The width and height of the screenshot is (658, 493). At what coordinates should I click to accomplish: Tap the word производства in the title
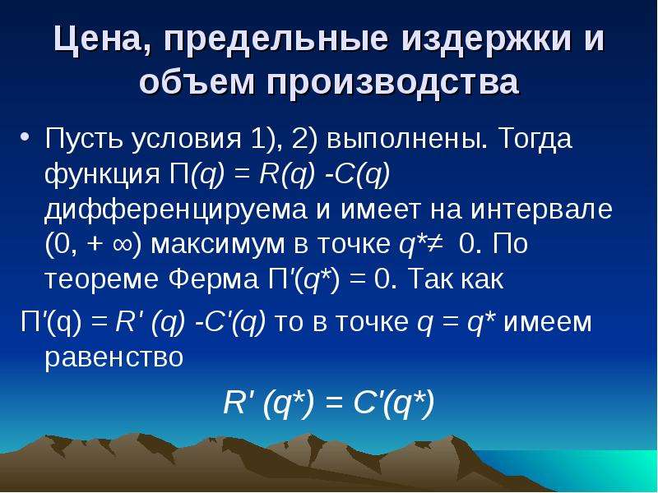pos(392,82)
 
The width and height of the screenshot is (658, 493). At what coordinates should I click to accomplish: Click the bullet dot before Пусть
pos(25,137)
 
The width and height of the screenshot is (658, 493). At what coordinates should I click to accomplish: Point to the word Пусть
pos(86,138)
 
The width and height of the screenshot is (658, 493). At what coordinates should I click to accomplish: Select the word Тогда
pos(536,139)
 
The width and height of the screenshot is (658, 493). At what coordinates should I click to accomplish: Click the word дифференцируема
pos(176,210)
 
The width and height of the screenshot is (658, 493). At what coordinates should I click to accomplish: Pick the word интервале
pos(541,210)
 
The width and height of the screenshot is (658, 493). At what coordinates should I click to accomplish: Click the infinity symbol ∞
pos(123,244)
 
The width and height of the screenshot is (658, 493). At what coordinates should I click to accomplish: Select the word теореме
pos(101,279)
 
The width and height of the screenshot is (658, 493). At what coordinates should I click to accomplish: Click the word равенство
pos(114,357)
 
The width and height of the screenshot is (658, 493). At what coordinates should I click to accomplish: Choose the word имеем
pos(547,322)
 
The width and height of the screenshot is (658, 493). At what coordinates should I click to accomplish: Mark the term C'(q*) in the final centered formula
pos(394,403)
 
